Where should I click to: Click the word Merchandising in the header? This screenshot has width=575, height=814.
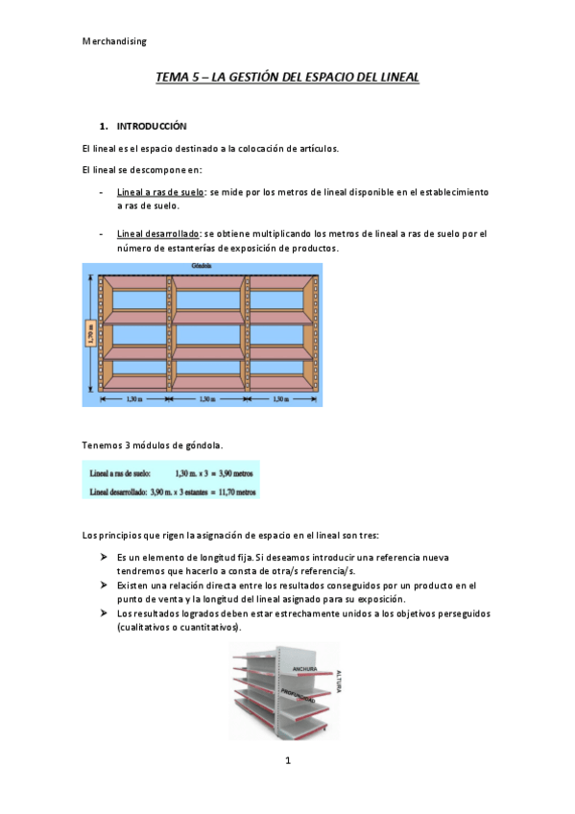[114, 41]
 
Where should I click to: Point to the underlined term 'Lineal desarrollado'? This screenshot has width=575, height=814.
[157, 233]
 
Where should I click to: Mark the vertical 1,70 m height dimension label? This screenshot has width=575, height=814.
[89, 332]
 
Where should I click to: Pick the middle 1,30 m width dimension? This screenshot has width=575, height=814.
[210, 397]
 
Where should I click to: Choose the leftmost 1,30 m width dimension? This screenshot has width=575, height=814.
[134, 397]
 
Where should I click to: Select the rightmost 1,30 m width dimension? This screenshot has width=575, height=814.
[285, 397]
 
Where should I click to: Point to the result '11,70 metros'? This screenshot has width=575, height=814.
[231, 491]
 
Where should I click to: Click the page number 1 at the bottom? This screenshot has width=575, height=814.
[287, 761]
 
